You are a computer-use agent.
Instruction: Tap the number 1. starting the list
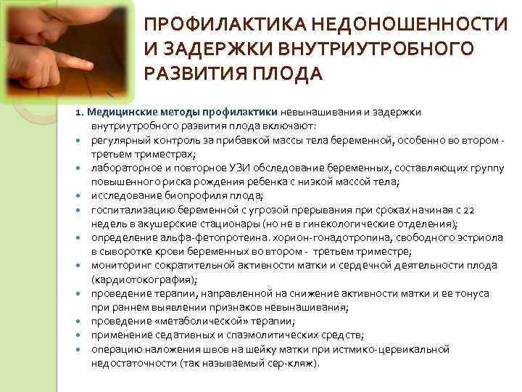coord(80,113)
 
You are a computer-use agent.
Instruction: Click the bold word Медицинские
coord(119,113)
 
